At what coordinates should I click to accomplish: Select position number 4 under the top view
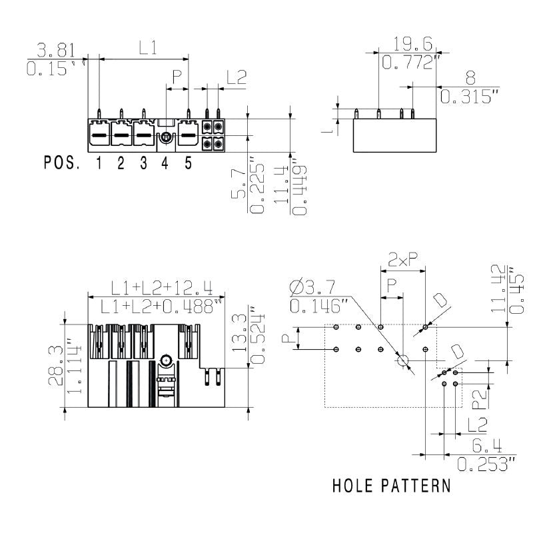tap(165, 163)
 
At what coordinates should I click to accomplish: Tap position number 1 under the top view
tap(98, 163)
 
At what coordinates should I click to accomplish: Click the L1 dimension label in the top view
tap(147, 48)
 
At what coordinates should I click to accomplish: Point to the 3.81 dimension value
tap(56, 50)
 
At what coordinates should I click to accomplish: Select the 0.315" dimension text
tap(470, 97)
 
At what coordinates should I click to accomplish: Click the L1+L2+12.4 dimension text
tap(162, 288)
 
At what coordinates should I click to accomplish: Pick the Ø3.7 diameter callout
tap(313, 288)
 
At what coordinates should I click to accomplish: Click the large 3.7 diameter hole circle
tap(402, 360)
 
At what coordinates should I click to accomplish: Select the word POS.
tap(62, 163)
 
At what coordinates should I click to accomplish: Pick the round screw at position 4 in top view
tap(165, 137)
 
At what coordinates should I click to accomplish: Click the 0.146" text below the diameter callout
tap(320, 306)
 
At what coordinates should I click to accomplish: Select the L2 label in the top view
tap(236, 77)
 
